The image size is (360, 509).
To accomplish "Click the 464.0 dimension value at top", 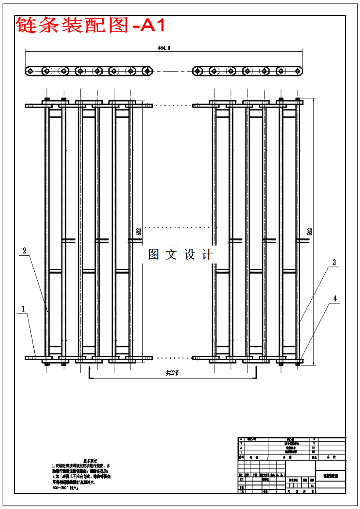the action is click(x=164, y=47).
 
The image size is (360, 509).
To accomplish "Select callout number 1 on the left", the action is click(x=23, y=309).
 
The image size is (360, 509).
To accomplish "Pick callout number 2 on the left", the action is click(x=25, y=251).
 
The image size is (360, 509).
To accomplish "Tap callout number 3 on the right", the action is click(x=334, y=263).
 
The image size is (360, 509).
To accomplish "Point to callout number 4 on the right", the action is click(x=335, y=299).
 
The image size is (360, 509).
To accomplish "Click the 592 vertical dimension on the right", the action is click(x=310, y=231).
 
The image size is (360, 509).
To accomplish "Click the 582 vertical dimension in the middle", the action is click(x=139, y=231).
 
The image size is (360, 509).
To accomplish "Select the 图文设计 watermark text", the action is click(x=180, y=255).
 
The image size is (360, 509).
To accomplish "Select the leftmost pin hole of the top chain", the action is click(x=30, y=71).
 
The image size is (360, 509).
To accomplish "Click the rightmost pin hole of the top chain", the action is click(x=299, y=71).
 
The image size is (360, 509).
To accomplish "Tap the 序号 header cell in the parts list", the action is click(x=241, y=457).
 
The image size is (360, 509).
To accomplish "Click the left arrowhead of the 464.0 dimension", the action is click(x=27, y=51).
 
